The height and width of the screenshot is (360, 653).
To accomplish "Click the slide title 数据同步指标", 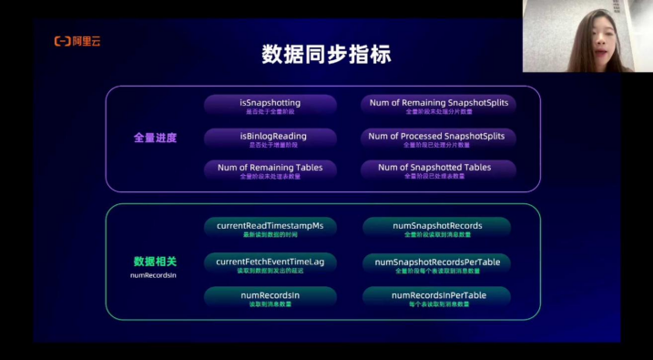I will [x=326, y=54].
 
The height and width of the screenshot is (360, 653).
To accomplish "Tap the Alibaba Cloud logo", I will [x=77, y=41].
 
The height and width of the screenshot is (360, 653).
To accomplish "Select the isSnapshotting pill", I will [x=270, y=105].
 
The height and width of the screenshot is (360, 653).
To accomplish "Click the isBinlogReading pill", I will [x=270, y=138].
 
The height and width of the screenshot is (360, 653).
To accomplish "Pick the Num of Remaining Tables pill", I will [x=270, y=170].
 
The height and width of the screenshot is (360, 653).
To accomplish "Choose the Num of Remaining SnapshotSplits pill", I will [x=439, y=105].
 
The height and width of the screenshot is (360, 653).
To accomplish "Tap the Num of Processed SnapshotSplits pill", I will [x=439, y=138].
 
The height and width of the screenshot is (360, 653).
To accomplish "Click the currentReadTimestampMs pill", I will [x=270, y=228].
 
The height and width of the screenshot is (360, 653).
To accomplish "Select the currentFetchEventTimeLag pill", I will [x=270, y=263].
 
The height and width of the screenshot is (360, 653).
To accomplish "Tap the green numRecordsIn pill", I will [x=270, y=297].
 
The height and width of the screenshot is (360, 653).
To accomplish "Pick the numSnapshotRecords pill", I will [x=437, y=228].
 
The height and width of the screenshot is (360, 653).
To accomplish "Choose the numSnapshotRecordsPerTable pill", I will [x=437, y=263].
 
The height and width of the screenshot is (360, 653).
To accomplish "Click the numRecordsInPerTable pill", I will [x=437, y=297].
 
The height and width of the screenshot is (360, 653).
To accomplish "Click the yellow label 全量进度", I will [x=155, y=138].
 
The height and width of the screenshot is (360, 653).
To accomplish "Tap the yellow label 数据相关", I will [x=155, y=261].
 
